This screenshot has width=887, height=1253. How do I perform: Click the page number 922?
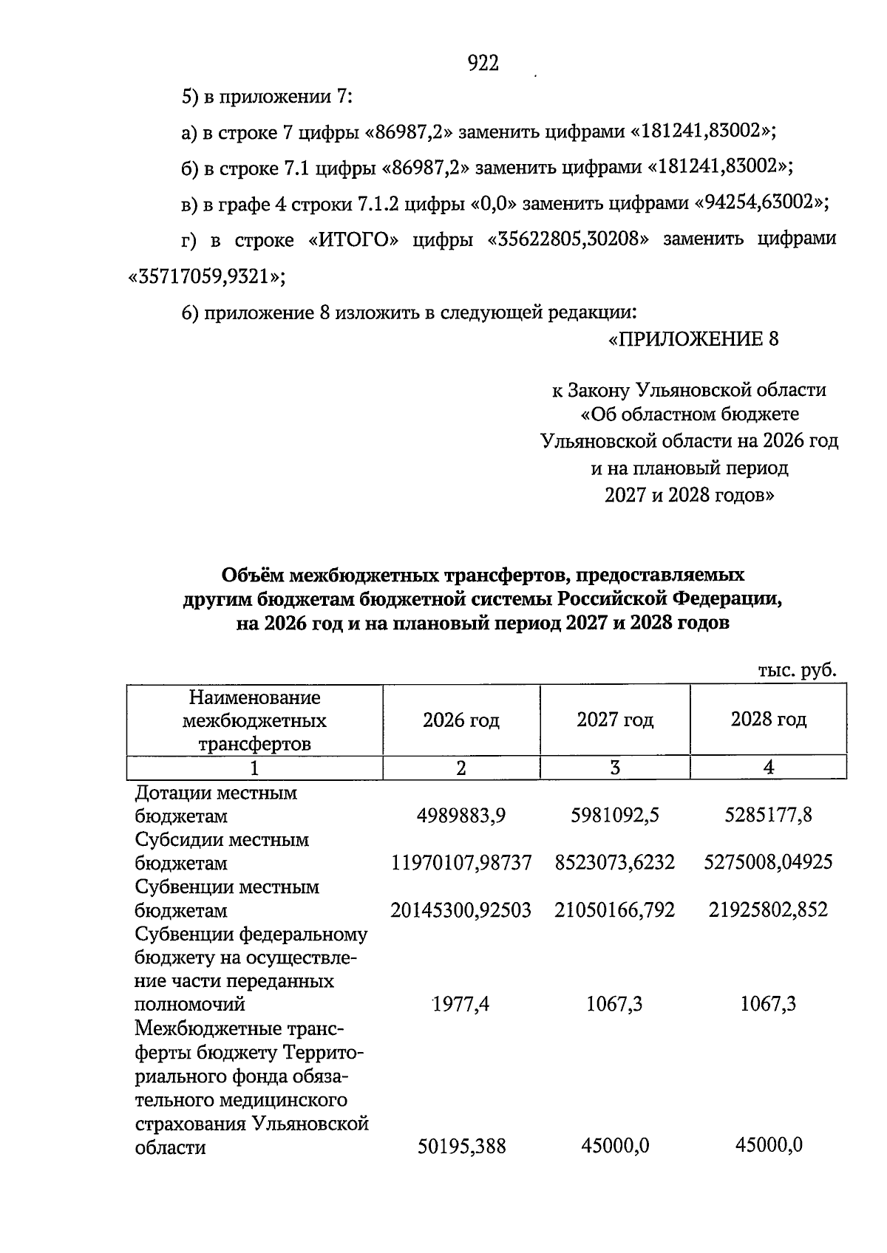pos(484,64)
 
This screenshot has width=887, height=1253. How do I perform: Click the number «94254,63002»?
pos(761,202)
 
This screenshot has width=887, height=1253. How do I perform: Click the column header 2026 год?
pos(461,720)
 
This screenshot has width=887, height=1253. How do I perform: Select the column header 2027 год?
pos(615,720)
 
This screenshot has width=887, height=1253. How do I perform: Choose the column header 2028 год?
pos(768,720)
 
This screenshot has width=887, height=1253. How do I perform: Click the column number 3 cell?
pos(615,768)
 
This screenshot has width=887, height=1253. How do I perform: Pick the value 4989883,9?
pos(461,816)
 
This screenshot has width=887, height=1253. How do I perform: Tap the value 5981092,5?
pos(615,816)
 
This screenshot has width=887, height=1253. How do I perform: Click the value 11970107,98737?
pos(461,862)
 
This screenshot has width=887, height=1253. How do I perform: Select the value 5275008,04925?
pos(769,862)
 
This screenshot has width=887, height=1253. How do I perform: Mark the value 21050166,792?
pos(615,909)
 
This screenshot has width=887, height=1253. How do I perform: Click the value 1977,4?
pos(461,1004)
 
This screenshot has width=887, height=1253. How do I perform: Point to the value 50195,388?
pos(461,1147)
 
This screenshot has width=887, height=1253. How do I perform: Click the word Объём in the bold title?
pos(251,575)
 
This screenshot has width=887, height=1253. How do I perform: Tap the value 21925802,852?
pos(769,909)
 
